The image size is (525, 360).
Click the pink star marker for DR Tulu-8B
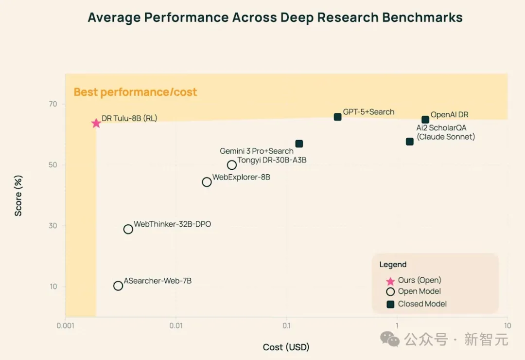tap(96, 123)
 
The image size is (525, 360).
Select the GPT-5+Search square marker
tap(338, 117)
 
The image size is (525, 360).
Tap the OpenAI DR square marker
tap(425, 120)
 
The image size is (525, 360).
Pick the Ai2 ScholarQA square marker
tap(410, 142)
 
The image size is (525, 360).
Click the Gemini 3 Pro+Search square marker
tap(299, 144)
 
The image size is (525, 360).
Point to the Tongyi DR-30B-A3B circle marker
tap(232, 165)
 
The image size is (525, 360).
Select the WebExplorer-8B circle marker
tap(207, 182)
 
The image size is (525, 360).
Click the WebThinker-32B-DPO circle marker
tap(128, 229)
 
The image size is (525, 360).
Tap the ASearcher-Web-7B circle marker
tap(118, 286)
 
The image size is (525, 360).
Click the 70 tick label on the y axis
tap(52, 104)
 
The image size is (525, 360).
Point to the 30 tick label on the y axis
tap(52, 226)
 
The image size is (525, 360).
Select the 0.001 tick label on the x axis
tap(65, 326)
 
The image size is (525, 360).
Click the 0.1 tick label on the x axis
tap(286, 326)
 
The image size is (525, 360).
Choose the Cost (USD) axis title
tap(286, 347)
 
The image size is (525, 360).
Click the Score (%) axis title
tap(18, 196)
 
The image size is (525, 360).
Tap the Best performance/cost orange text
tap(135, 92)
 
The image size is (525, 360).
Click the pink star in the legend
tap(390, 281)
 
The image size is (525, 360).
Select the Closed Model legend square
tap(390, 304)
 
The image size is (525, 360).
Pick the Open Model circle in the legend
tap(390, 292)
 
